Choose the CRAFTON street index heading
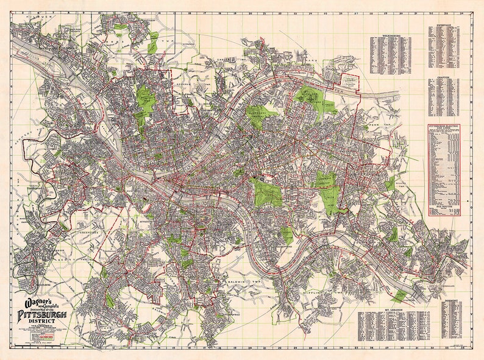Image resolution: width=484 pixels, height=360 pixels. (x=443, y=79)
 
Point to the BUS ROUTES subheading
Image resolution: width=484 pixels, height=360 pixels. (x=443, y=208)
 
